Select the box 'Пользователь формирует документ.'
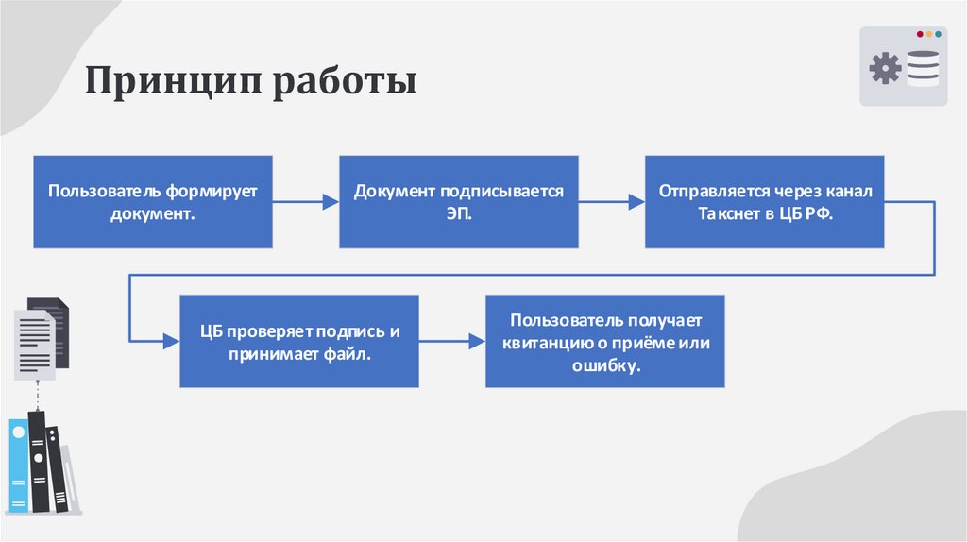pyautogui.click(x=153, y=202)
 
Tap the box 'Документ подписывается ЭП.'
pyautogui.click(x=459, y=202)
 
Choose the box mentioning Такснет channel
pyautogui.click(x=765, y=202)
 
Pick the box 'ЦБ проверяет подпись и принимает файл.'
pyautogui.click(x=299, y=341)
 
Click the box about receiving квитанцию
pyautogui.click(x=605, y=341)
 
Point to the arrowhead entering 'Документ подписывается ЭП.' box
pyautogui.click(x=331, y=201)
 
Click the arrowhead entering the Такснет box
pyautogui.click(x=637, y=201)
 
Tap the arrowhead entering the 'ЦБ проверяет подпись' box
pyautogui.click(x=172, y=341)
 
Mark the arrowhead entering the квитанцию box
pyautogui.click(x=478, y=341)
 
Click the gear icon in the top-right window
pyautogui.click(x=885, y=69)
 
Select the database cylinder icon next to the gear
pyautogui.click(x=923, y=69)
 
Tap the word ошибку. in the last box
pyautogui.click(x=605, y=364)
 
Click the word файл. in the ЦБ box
pyautogui.click(x=350, y=354)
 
